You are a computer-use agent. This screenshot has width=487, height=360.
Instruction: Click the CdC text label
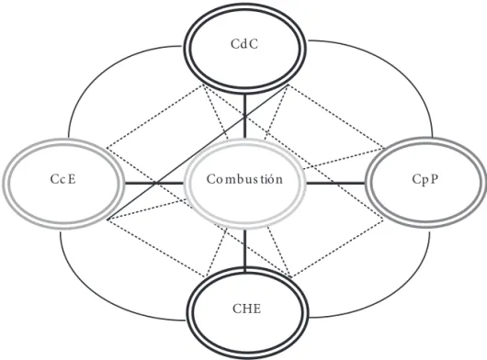244,44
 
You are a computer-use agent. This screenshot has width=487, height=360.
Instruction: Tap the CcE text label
63,179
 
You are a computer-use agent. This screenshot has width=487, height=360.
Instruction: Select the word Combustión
244,179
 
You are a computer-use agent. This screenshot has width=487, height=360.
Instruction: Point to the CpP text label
425,179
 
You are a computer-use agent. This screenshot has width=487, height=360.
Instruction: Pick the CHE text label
247,309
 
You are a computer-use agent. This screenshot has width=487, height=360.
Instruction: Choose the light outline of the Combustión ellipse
245,141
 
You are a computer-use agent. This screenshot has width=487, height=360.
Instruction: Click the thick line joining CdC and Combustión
245,117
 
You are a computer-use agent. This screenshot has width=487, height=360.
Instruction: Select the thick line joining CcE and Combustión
154,183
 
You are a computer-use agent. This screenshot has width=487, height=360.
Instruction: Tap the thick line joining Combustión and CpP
335,183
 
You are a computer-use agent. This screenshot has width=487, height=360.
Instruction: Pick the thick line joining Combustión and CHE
245,248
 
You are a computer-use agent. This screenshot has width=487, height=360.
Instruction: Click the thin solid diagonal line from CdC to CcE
198,152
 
